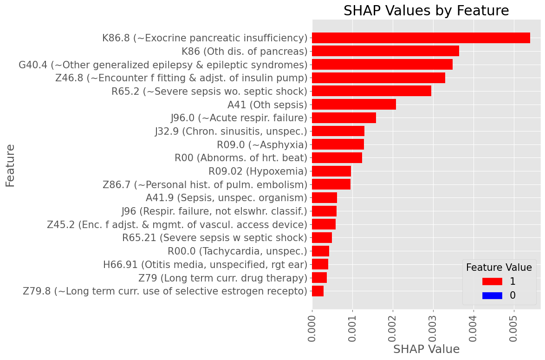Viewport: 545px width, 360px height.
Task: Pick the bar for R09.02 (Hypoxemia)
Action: pyautogui.click(x=331, y=171)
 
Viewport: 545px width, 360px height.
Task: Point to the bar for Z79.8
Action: pyautogui.click(x=318, y=291)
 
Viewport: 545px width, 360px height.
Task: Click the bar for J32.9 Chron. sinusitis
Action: pyautogui.click(x=338, y=131)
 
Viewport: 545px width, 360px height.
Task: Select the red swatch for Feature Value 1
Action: pyautogui.click(x=492, y=281)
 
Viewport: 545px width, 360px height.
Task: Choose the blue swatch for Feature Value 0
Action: pyautogui.click(x=492, y=295)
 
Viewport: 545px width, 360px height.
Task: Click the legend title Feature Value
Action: pyautogui.click(x=499, y=268)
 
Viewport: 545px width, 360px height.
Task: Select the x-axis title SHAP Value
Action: pyautogui.click(x=426, y=349)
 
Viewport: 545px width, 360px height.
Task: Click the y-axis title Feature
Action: pyautogui.click(x=10, y=165)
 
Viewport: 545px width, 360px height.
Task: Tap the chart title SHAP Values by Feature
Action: pyautogui.click(x=426, y=11)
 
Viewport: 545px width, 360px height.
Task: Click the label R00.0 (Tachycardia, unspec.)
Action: pyautogui.click(x=237, y=251)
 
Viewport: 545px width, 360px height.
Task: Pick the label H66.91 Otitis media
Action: pyautogui.click(x=205, y=265)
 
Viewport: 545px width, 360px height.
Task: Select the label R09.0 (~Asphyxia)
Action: pyautogui.click(x=262, y=144)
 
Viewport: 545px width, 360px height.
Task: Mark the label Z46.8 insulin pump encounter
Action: pyautogui.click(x=181, y=78)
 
